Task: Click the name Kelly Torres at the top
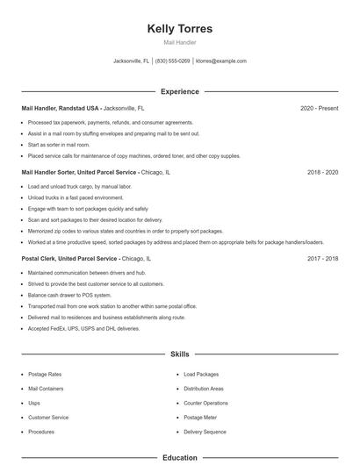tap(180, 29)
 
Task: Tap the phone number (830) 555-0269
tap(172, 61)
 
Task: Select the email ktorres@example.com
tap(220, 61)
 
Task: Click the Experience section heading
tap(180, 91)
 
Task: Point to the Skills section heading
tap(180, 354)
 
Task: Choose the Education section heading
tap(180, 457)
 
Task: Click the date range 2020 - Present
tap(319, 108)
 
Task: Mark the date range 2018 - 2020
tap(322, 173)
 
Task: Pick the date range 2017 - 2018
tap(322, 259)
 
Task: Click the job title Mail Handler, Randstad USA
tap(61, 108)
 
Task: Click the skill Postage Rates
tap(45, 374)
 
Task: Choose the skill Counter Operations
tap(205, 403)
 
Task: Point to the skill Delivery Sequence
tap(205, 432)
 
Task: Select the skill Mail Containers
tap(46, 388)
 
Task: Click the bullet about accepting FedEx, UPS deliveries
tap(83, 328)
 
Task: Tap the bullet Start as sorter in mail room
tap(58, 144)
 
